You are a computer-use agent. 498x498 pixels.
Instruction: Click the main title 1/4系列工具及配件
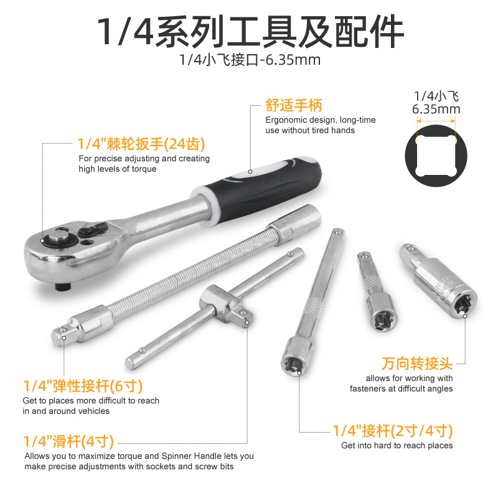[x=250, y=32]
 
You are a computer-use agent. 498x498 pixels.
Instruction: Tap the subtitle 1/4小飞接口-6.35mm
[x=250, y=60]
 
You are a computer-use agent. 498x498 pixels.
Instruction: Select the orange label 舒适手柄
[x=294, y=105]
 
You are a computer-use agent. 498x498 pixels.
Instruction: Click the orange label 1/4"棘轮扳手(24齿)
[x=141, y=144]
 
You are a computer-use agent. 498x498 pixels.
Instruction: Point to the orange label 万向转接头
[x=417, y=364]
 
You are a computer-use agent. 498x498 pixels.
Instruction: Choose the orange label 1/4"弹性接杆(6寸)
[x=83, y=386]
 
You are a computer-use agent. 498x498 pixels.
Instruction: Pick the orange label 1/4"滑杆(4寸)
[x=68, y=441]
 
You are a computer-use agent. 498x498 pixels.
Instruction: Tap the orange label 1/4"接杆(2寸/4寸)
[x=393, y=431]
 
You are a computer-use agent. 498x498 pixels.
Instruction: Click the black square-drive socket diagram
[x=436, y=156]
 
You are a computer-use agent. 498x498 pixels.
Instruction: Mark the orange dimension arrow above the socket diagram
[x=436, y=121]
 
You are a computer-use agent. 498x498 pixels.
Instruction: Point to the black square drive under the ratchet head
[x=63, y=287]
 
